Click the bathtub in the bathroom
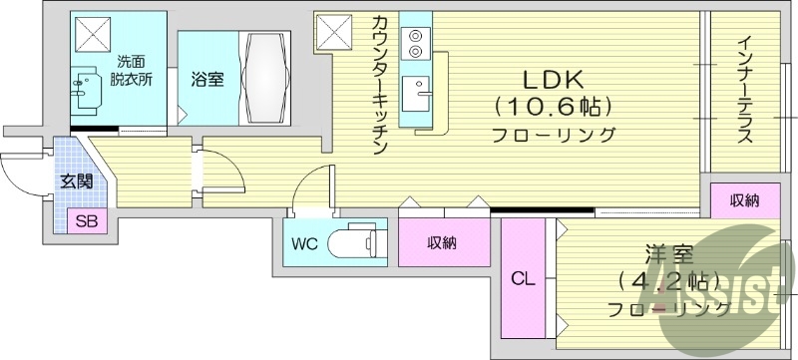[266, 78]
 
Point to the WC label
[305, 243]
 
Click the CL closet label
[523, 280]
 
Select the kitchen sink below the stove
[415, 96]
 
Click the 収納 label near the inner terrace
[743, 200]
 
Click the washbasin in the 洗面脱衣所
[90, 85]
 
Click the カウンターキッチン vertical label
[380, 85]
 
